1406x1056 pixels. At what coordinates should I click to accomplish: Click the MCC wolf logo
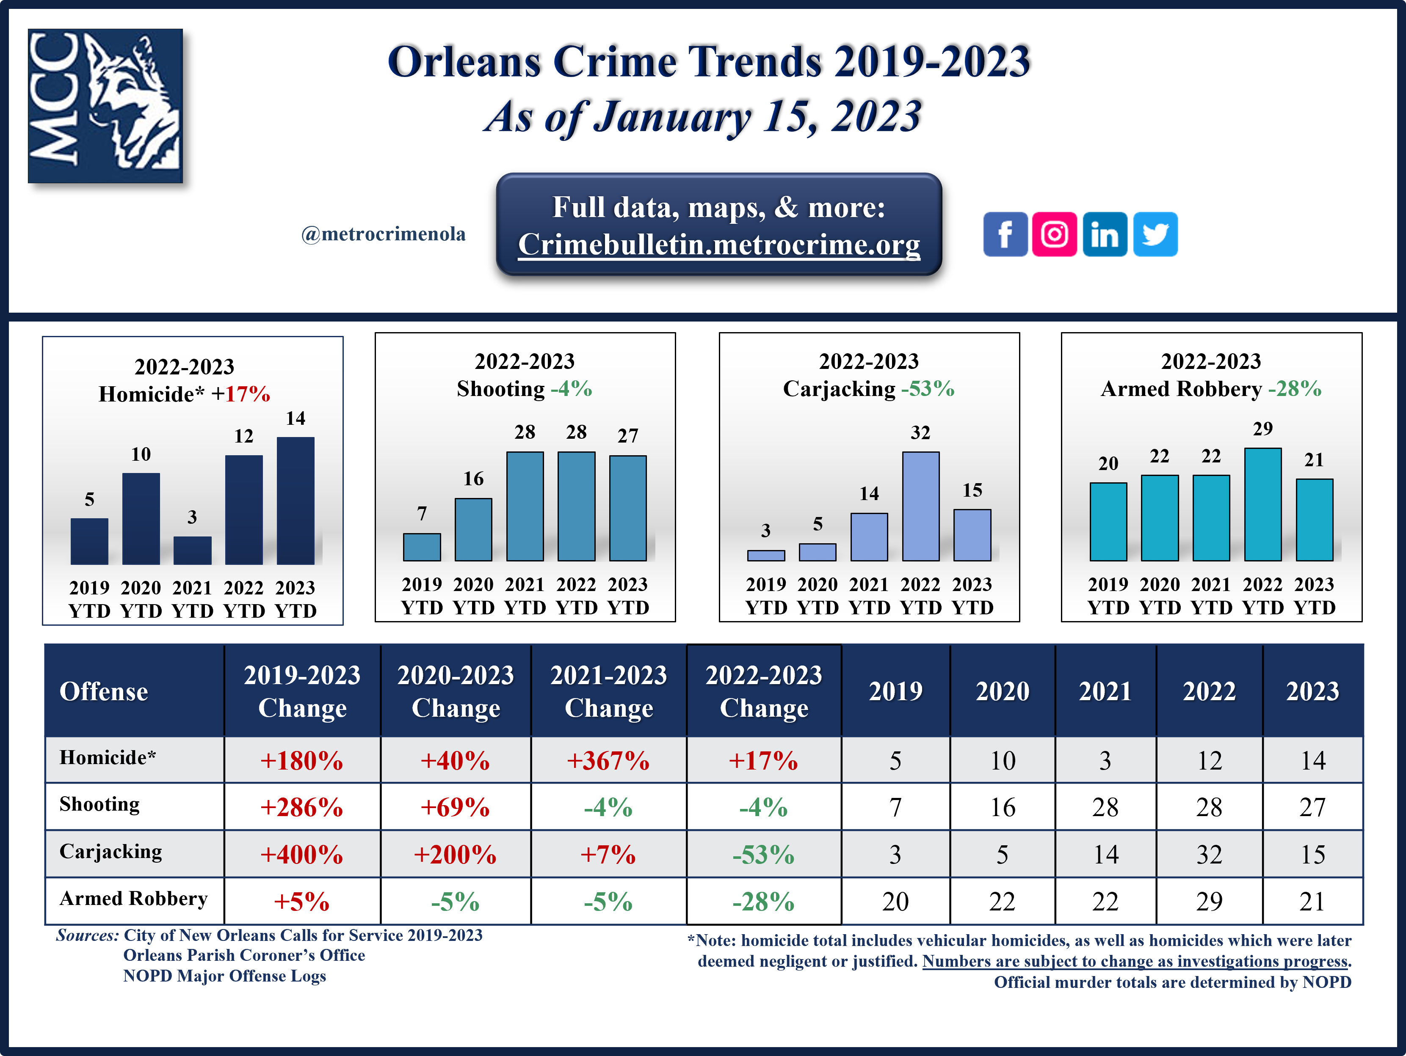(105, 106)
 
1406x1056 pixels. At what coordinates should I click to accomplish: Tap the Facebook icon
(1005, 234)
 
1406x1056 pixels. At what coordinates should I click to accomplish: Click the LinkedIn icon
(1105, 234)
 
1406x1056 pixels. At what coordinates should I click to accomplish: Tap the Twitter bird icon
(1155, 234)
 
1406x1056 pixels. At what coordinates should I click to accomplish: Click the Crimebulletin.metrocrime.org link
(719, 245)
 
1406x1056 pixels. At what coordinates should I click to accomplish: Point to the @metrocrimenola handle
(383, 234)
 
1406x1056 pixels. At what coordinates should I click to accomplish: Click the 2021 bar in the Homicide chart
(193, 550)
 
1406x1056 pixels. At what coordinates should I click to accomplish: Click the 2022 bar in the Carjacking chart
(920, 506)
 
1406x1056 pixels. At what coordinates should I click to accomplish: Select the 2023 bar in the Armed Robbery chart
(1314, 520)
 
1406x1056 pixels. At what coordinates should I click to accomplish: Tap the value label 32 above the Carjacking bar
(920, 433)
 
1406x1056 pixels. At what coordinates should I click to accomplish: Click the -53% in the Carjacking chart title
(928, 389)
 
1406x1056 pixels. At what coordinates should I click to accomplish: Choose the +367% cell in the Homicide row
(608, 761)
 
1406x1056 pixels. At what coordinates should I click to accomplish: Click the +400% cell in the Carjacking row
(302, 855)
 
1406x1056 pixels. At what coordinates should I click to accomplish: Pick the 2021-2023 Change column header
(608, 691)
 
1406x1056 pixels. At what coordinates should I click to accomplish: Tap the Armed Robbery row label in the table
(133, 899)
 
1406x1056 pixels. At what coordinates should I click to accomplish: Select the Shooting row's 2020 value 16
(1003, 808)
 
